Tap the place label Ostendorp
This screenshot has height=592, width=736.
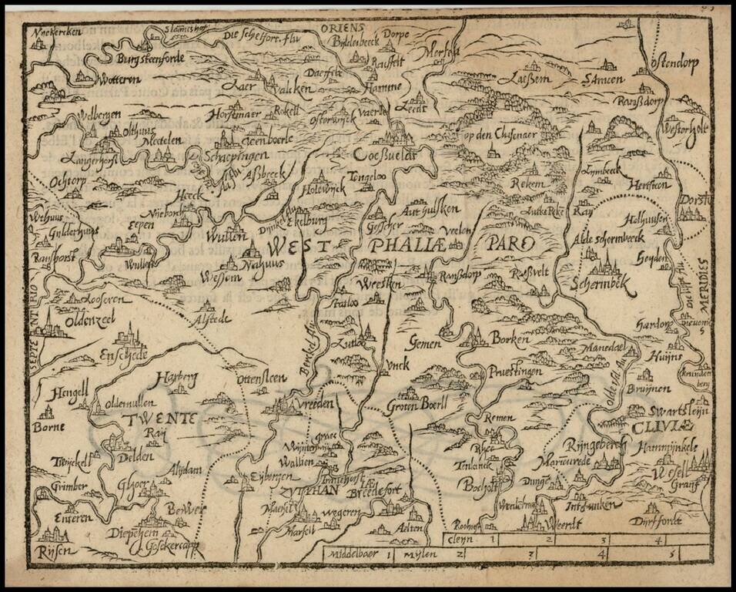coord(673,64)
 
